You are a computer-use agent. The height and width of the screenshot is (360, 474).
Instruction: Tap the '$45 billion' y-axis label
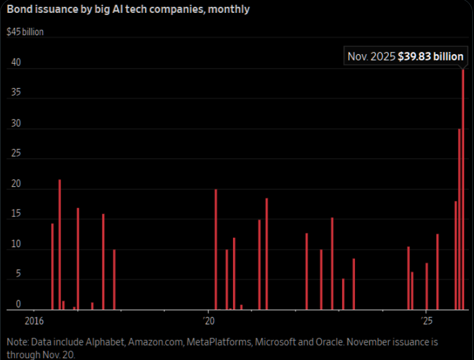(25, 31)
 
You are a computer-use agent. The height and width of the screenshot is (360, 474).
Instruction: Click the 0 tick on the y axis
(18, 305)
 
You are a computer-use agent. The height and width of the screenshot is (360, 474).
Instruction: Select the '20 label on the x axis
(208, 321)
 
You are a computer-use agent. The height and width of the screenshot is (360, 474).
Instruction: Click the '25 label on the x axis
(426, 321)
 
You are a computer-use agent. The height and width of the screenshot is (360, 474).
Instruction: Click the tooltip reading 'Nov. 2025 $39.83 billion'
(405, 57)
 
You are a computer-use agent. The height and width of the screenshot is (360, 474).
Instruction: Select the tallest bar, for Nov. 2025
(464, 188)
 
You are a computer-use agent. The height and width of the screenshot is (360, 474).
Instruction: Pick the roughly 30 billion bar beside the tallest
(459, 219)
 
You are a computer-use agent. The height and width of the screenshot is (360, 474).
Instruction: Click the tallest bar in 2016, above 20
(60, 244)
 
